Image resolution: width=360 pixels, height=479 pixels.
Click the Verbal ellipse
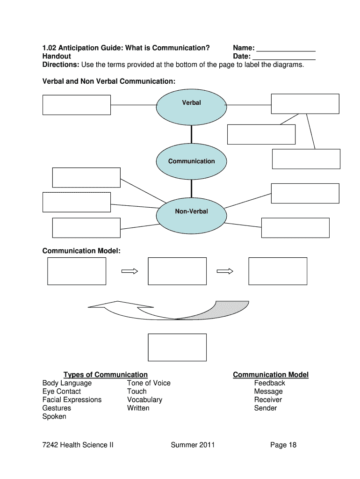191,106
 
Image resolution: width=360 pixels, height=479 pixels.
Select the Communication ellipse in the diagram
191,161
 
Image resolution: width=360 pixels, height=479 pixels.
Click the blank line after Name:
286,49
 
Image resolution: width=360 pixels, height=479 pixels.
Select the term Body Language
67,383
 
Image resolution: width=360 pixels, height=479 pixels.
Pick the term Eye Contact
61,392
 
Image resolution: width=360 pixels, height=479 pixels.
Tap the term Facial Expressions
72,400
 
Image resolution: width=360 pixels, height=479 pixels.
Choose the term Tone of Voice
149,383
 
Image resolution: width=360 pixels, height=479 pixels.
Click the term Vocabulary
144,400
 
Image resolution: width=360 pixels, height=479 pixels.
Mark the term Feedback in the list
269,383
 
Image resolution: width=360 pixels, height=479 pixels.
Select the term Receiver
268,400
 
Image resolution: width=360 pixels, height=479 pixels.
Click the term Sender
265,408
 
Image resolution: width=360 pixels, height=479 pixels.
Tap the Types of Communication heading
105,375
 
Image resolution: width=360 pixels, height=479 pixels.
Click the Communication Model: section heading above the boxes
81,251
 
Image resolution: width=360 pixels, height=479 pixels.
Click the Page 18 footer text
283,445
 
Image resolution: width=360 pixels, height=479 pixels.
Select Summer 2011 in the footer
193,445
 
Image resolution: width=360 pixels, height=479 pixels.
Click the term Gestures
57,408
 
